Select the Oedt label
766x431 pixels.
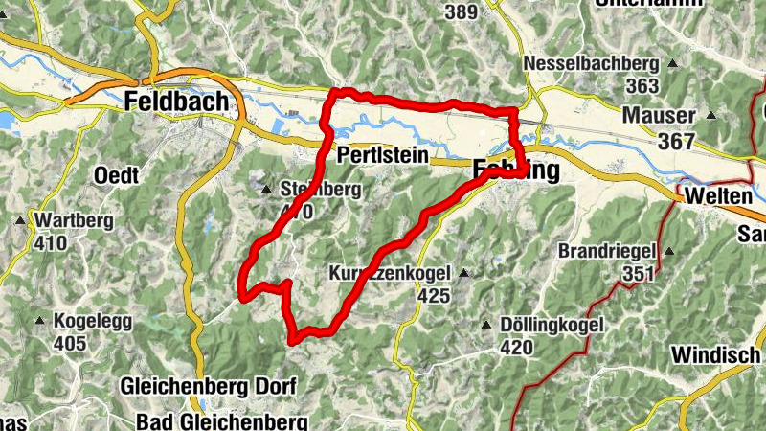coord(117,175)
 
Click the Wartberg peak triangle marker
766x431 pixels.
coord(20,221)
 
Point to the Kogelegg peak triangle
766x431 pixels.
coord(39,320)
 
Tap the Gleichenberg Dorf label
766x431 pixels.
coord(209,387)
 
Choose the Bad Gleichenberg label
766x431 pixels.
coord(221,421)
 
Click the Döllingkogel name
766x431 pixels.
coord(552,326)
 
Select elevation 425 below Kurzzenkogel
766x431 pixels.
coord(433,296)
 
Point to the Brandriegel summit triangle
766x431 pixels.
coord(669,252)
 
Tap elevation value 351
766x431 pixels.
coord(636,274)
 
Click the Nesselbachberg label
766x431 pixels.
coord(592,64)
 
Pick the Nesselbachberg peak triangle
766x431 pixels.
coord(672,64)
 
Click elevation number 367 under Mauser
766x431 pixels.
coord(676,140)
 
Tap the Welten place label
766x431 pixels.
coord(718,195)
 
